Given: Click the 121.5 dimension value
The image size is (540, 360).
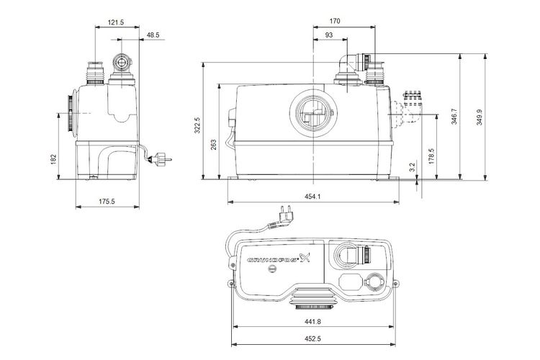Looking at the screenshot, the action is pyautogui.click(x=116, y=23).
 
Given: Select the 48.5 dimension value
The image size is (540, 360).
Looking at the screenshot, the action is pyautogui.click(x=153, y=35).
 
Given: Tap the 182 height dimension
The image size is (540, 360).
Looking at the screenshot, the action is pyautogui.click(x=53, y=159).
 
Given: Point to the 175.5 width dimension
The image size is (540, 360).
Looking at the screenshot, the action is pyautogui.click(x=107, y=202).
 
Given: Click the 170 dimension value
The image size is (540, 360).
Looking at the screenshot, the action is pyautogui.click(x=335, y=22).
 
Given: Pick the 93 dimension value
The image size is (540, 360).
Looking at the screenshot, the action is pyautogui.click(x=329, y=35).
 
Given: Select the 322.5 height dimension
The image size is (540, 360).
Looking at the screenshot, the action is pyautogui.click(x=197, y=125).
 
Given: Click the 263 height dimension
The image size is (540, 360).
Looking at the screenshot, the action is pyautogui.click(x=214, y=144).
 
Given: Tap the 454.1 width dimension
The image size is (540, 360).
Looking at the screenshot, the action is pyautogui.click(x=312, y=197).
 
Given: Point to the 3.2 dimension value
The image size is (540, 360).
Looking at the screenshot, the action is pyautogui.click(x=413, y=167).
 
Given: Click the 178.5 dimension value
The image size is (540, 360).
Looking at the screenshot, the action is pyautogui.click(x=431, y=156).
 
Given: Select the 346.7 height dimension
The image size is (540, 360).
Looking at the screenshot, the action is pyautogui.click(x=454, y=116).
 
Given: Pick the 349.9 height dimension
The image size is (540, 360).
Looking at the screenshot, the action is pyautogui.click(x=480, y=117).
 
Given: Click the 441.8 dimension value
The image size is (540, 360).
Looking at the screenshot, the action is pyautogui.click(x=312, y=322).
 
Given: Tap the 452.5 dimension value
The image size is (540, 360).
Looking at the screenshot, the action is pyautogui.click(x=312, y=339).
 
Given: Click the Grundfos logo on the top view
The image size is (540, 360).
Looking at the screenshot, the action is pyautogui.click(x=279, y=258).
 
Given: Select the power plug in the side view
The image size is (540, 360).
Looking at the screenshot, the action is pyautogui.click(x=160, y=160).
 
